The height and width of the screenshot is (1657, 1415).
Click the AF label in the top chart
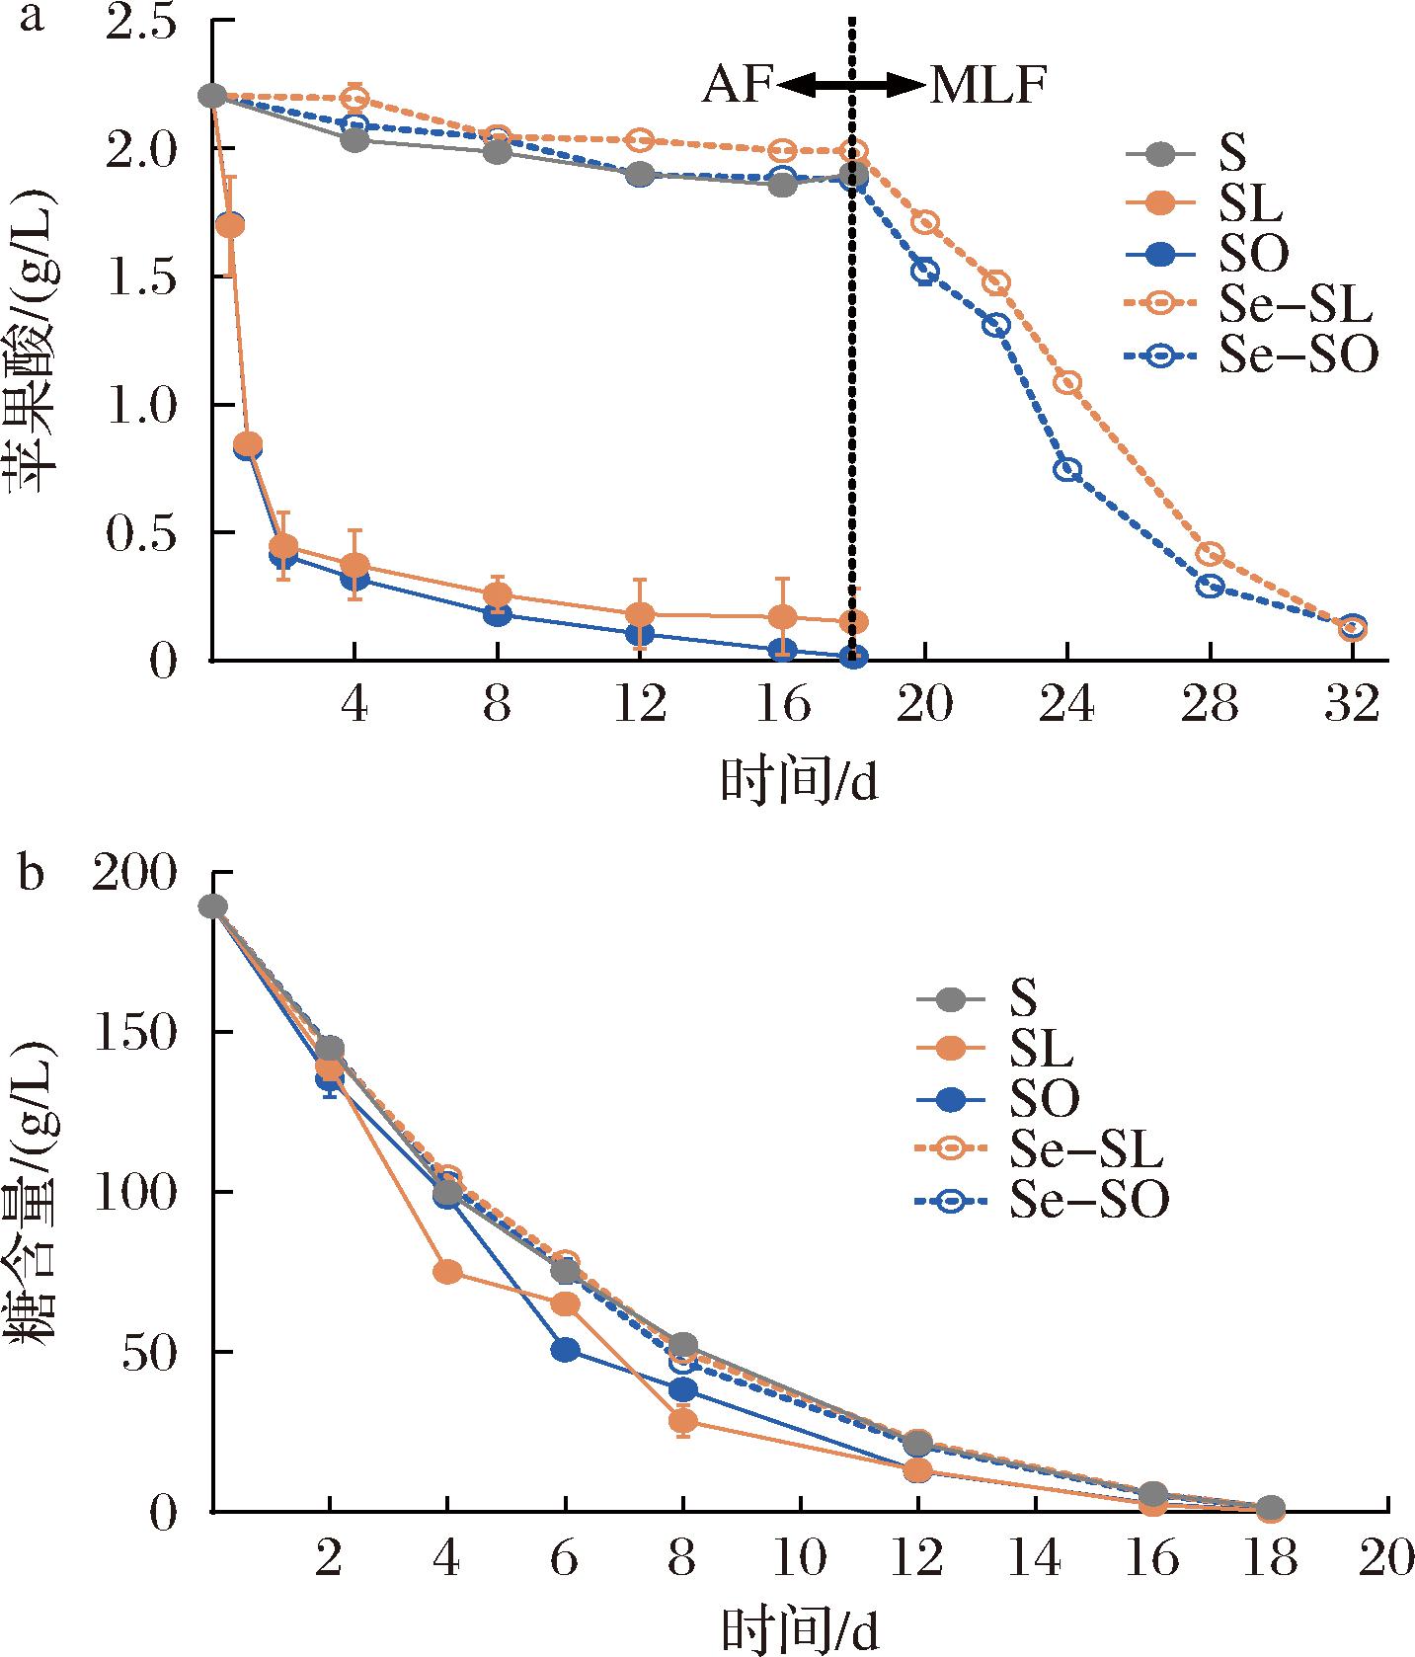pos(737,87)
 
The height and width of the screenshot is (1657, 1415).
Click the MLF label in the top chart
pos(986,87)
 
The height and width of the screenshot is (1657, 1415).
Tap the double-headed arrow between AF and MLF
pos(851,87)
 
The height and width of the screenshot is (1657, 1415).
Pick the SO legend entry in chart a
pos(1253,255)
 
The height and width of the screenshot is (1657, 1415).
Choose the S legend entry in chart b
pos(1023,996)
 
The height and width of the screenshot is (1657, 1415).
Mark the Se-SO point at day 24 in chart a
pos(1067,470)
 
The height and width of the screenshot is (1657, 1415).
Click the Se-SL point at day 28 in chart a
pos(1210,553)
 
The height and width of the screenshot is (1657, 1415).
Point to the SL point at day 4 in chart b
pos(447,1271)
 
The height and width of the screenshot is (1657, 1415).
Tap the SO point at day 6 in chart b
pos(565,1350)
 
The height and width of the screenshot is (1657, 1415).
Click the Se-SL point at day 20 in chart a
pos(924,222)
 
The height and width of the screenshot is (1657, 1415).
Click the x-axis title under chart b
pos(800,1629)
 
